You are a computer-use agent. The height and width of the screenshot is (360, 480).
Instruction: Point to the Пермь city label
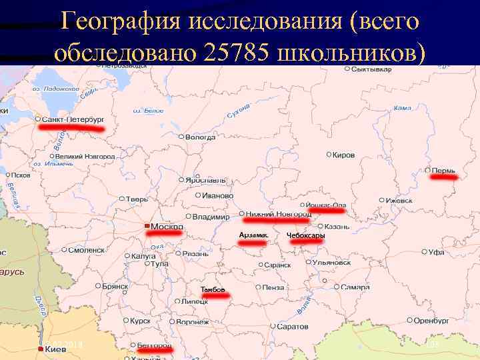443,171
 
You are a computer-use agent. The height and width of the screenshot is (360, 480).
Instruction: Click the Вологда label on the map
200,137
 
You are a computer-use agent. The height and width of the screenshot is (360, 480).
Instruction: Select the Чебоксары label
306,235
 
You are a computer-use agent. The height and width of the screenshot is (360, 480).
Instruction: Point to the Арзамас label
253,235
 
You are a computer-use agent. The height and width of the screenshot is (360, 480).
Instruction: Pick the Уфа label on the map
436,253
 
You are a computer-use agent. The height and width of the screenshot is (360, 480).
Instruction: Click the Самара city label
354,287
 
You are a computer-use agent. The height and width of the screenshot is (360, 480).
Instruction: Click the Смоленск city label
87,250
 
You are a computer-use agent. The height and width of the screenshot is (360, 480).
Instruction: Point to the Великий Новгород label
85,156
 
